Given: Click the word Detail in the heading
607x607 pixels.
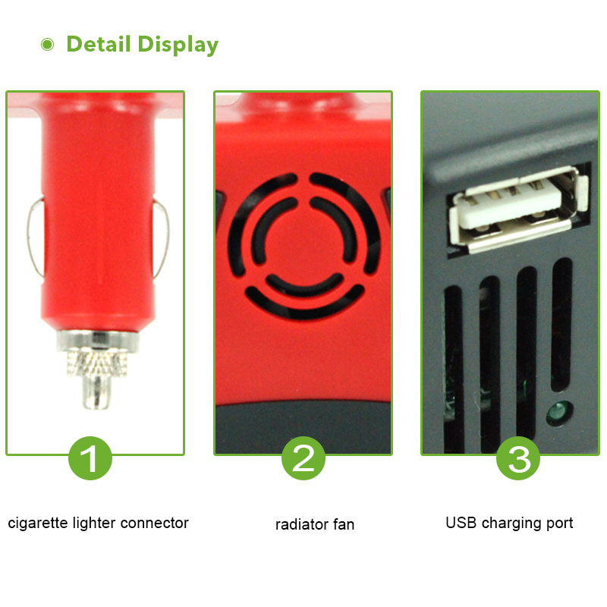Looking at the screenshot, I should pyautogui.click(x=99, y=44).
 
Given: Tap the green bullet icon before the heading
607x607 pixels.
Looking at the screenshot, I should pyautogui.click(x=48, y=44).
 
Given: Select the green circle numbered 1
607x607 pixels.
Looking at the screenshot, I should pyautogui.click(x=90, y=458).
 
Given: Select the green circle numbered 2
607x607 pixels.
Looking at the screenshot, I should pyautogui.click(x=303, y=458).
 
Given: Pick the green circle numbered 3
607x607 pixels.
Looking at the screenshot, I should pyautogui.click(x=518, y=458).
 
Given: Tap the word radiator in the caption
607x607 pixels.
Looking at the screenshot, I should pyautogui.click(x=300, y=524).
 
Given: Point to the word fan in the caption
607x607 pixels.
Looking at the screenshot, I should pyautogui.click(x=342, y=524).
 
